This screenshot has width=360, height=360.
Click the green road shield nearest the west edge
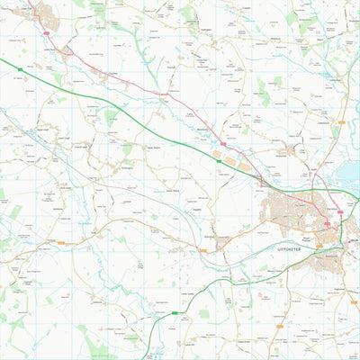click(x=19, y=68)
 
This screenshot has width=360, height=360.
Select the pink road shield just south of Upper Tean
click(x=44, y=31)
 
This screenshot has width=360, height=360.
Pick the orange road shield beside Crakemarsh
click(x=342, y=121)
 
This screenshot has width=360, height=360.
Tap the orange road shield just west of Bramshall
click(x=61, y=242)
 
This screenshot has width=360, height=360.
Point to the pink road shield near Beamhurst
click(x=223, y=142)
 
